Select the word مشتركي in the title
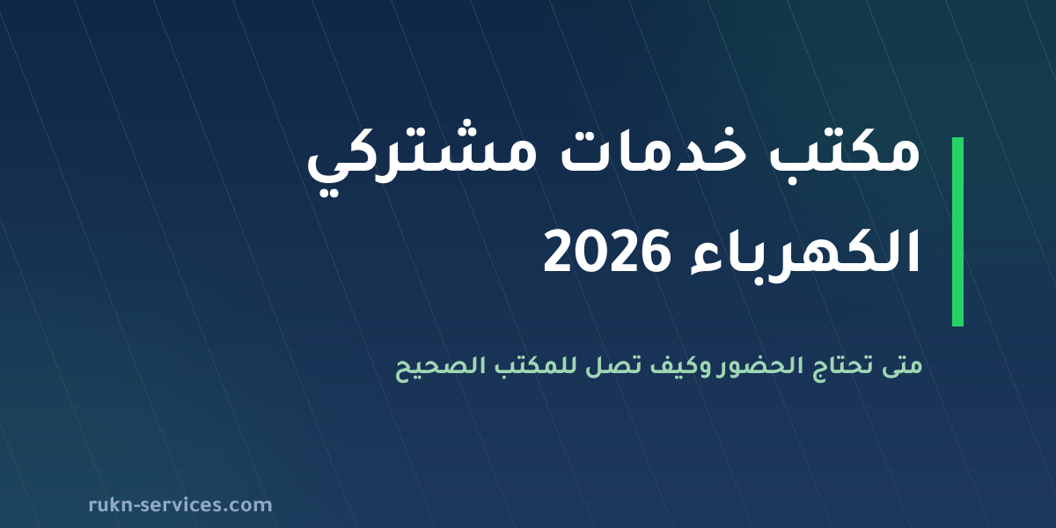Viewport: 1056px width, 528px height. point(422,156)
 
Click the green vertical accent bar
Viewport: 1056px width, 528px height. point(957,232)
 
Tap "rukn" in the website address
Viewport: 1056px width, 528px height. point(111,505)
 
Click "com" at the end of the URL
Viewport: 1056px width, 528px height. point(253,506)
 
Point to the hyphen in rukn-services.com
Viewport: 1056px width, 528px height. point(137,506)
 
